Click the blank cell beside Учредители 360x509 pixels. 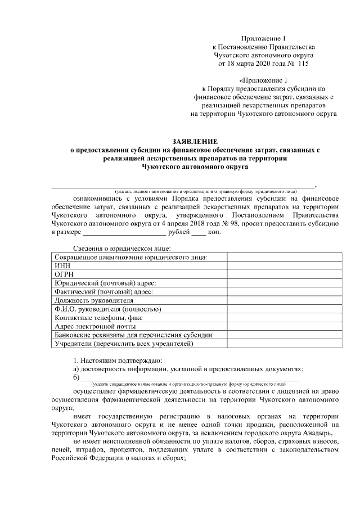tap(283, 344)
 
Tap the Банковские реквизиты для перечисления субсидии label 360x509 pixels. tap(133, 335)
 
